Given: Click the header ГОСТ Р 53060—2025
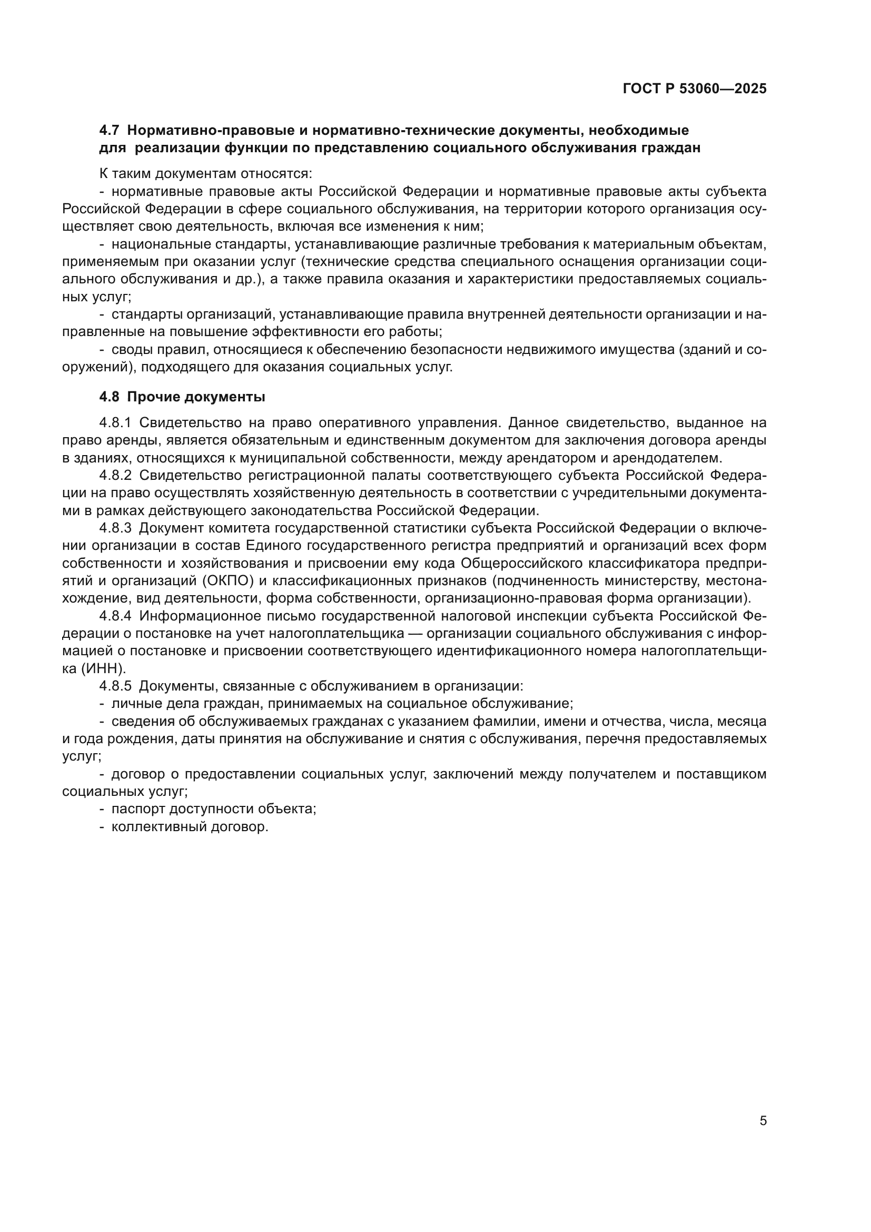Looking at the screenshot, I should (x=695, y=89).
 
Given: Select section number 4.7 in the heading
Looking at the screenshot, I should (x=110, y=131).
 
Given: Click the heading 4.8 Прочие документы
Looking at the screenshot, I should (x=182, y=397).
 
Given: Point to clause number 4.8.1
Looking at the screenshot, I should (x=115, y=423).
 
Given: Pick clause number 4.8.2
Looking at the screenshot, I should (x=115, y=476).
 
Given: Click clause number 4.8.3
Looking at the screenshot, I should (x=115, y=528).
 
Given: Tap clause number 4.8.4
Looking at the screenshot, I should (x=115, y=616).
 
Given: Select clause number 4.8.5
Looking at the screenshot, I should (x=115, y=686).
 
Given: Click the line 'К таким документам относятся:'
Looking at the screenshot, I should (x=206, y=174).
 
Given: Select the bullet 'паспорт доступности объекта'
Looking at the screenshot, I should (x=213, y=809).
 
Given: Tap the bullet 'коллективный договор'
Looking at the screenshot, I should (x=190, y=827).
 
